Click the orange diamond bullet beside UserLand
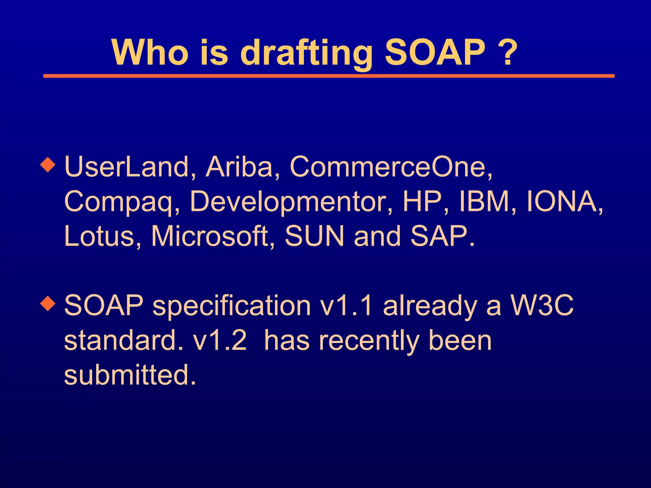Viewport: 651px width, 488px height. pos(48,165)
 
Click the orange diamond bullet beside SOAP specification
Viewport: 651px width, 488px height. pos(48,303)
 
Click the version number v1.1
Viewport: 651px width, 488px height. pos(346,305)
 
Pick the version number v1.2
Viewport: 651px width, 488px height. pos(220,340)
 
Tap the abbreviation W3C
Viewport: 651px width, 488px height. pos(542,305)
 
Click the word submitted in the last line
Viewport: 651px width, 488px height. pos(129,375)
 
